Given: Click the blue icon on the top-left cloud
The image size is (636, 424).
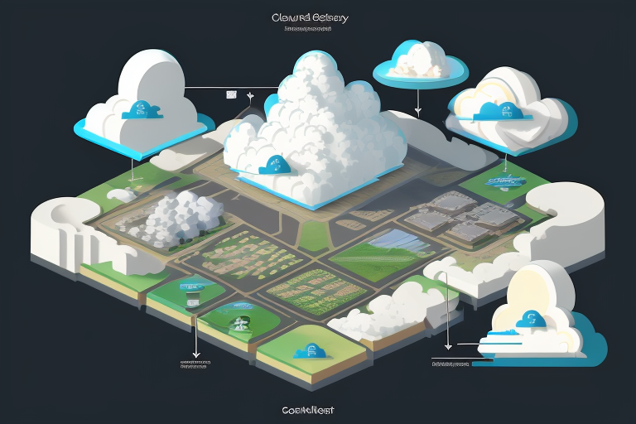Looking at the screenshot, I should [x=137, y=111].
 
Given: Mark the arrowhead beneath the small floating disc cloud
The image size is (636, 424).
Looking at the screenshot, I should [x=418, y=110].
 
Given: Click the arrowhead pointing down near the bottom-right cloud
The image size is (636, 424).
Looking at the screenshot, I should [x=448, y=347].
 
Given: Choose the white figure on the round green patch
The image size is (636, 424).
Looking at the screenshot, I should [x=242, y=323].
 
